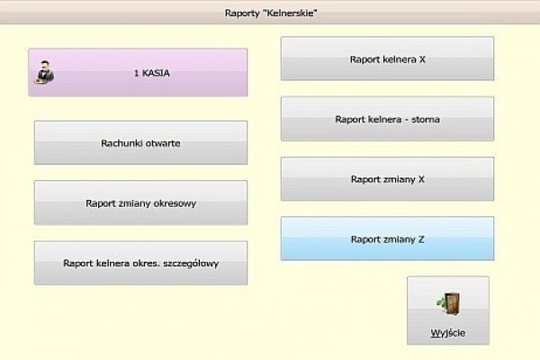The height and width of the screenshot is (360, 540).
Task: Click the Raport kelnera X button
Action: [x=387, y=59]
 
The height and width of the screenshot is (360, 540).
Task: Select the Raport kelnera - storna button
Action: [x=387, y=119]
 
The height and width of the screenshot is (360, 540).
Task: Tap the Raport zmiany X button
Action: [x=387, y=179]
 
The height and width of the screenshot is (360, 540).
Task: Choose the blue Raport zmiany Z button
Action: [x=387, y=239]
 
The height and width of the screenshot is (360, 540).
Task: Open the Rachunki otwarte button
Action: [x=140, y=143]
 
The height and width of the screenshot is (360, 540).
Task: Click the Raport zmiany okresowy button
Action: [x=140, y=203]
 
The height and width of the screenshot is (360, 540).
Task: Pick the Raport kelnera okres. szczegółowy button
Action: [x=140, y=264]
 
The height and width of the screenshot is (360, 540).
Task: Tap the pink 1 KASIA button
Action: [x=137, y=73]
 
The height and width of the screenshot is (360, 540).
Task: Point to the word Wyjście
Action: [x=447, y=334]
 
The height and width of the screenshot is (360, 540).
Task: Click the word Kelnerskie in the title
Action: [x=292, y=13]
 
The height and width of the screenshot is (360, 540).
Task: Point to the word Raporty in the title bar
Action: [x=243, y=13]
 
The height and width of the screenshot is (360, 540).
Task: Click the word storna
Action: [x=425, y=119]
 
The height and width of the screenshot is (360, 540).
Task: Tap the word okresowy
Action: [x=172, y=203]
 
